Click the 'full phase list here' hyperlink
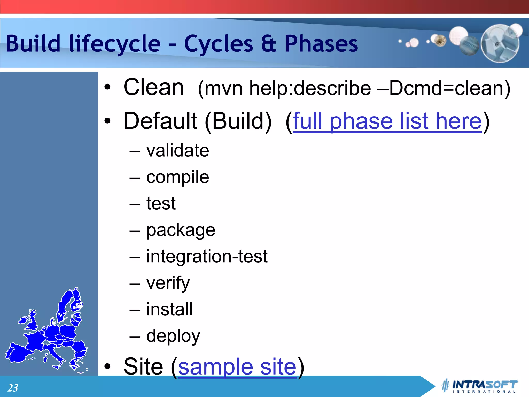pos(387,121)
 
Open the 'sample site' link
pos(237,367)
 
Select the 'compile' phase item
pos(178,177)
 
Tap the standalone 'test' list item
pos(161,203)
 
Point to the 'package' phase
pos(181,230)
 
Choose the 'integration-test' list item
pos(207,256)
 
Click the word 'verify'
pos(168,283)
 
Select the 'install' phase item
pos(169,309)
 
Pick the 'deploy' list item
pos(173,336)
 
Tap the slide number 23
pos(13,388)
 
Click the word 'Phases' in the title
pos(321,44)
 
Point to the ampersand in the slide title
pos(269,44)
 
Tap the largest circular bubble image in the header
pos(500,43)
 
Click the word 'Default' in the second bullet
pos(160,121)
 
